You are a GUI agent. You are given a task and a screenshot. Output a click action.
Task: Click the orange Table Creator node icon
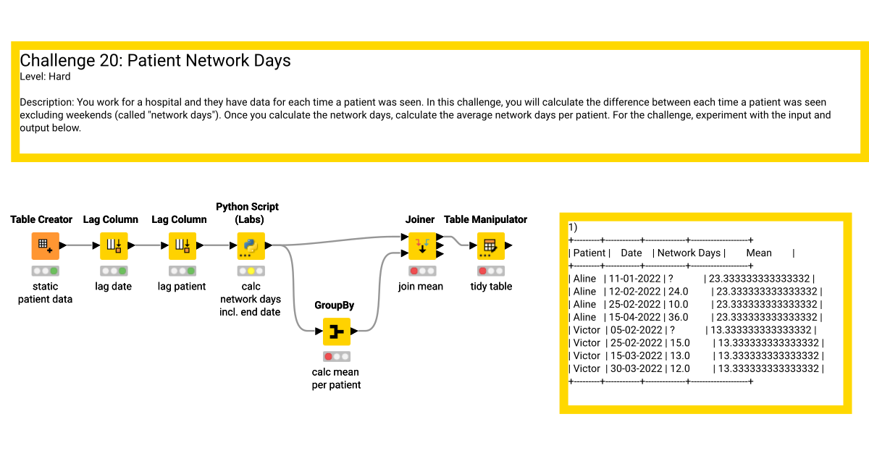(x=46, y=246)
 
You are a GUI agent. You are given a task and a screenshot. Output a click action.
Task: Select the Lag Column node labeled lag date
(x=114, y=246)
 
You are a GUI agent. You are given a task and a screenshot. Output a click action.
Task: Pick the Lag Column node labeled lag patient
(x=182, y=246)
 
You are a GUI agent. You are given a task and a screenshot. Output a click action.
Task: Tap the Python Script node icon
(x=251, y=246)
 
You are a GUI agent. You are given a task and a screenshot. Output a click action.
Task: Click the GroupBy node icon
(x=336, y=332)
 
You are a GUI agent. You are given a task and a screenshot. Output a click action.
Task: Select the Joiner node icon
(x=422, y=246)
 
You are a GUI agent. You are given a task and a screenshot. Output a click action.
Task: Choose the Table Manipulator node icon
(x=491, y=246)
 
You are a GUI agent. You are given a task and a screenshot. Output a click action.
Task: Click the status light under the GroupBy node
(x=336, y=356)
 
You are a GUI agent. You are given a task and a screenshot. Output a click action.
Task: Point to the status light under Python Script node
(x=251, y=271)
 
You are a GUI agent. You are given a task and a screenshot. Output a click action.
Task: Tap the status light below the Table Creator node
(x=46, y=271)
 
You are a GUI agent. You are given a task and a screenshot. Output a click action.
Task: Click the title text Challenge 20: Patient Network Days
(x=155, y=61)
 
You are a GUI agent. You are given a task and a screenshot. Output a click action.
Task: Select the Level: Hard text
(x=45, y=77)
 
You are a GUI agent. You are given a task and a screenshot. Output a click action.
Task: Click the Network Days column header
(x=689, y=253)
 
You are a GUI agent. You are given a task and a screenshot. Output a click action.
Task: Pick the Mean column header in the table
(x=759, y=253)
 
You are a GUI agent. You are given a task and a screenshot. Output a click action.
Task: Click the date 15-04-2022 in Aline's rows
(x=634, y=317)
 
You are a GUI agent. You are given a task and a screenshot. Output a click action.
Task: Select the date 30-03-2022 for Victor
(x=637, y=368)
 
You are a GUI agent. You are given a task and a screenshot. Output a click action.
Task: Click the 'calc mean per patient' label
(x=336, y=379)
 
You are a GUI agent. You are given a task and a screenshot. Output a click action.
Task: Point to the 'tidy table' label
(x=491, y=287)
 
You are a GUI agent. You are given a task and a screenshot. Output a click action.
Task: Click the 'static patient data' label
(x=45, y=292)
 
